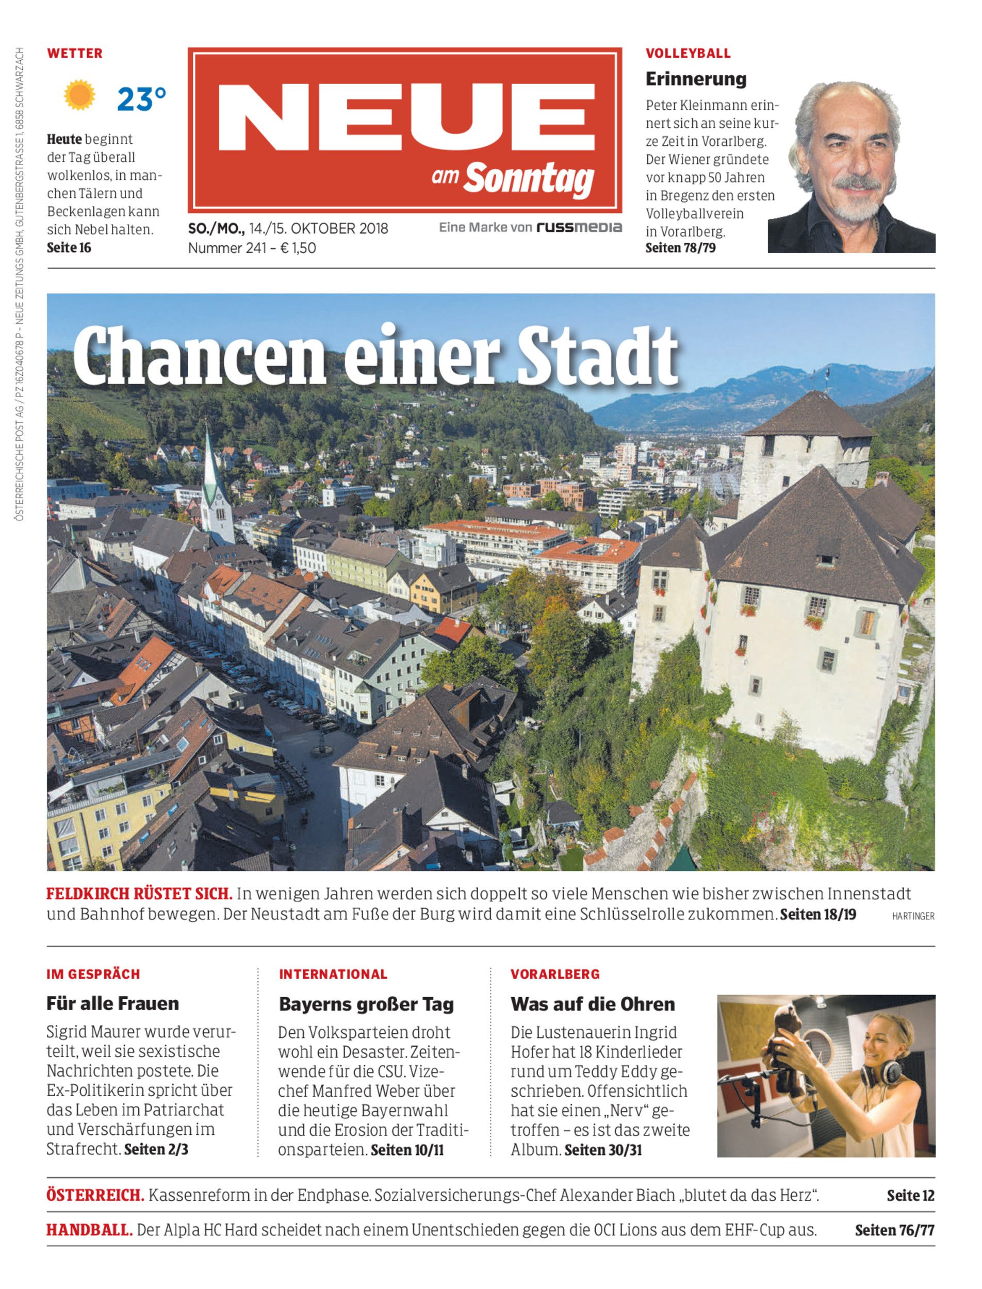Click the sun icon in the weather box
click(x=79, y=96)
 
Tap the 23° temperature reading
click(x=141, y=99)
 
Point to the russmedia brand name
click(x=579, y=227)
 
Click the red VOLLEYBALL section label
click(x=688, y=53)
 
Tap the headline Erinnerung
click(x=696, y=78)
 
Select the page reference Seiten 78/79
click(x=680, y=248)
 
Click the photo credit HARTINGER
click(x=913, y=916)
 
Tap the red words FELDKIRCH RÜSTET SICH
click(x=139, y=894)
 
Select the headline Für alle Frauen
click(x=113, y=1003)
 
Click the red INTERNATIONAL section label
click(x=333, y=973)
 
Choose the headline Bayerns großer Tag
click(x=366, y=1004)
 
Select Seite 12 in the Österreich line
click(x=910, y=1195)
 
